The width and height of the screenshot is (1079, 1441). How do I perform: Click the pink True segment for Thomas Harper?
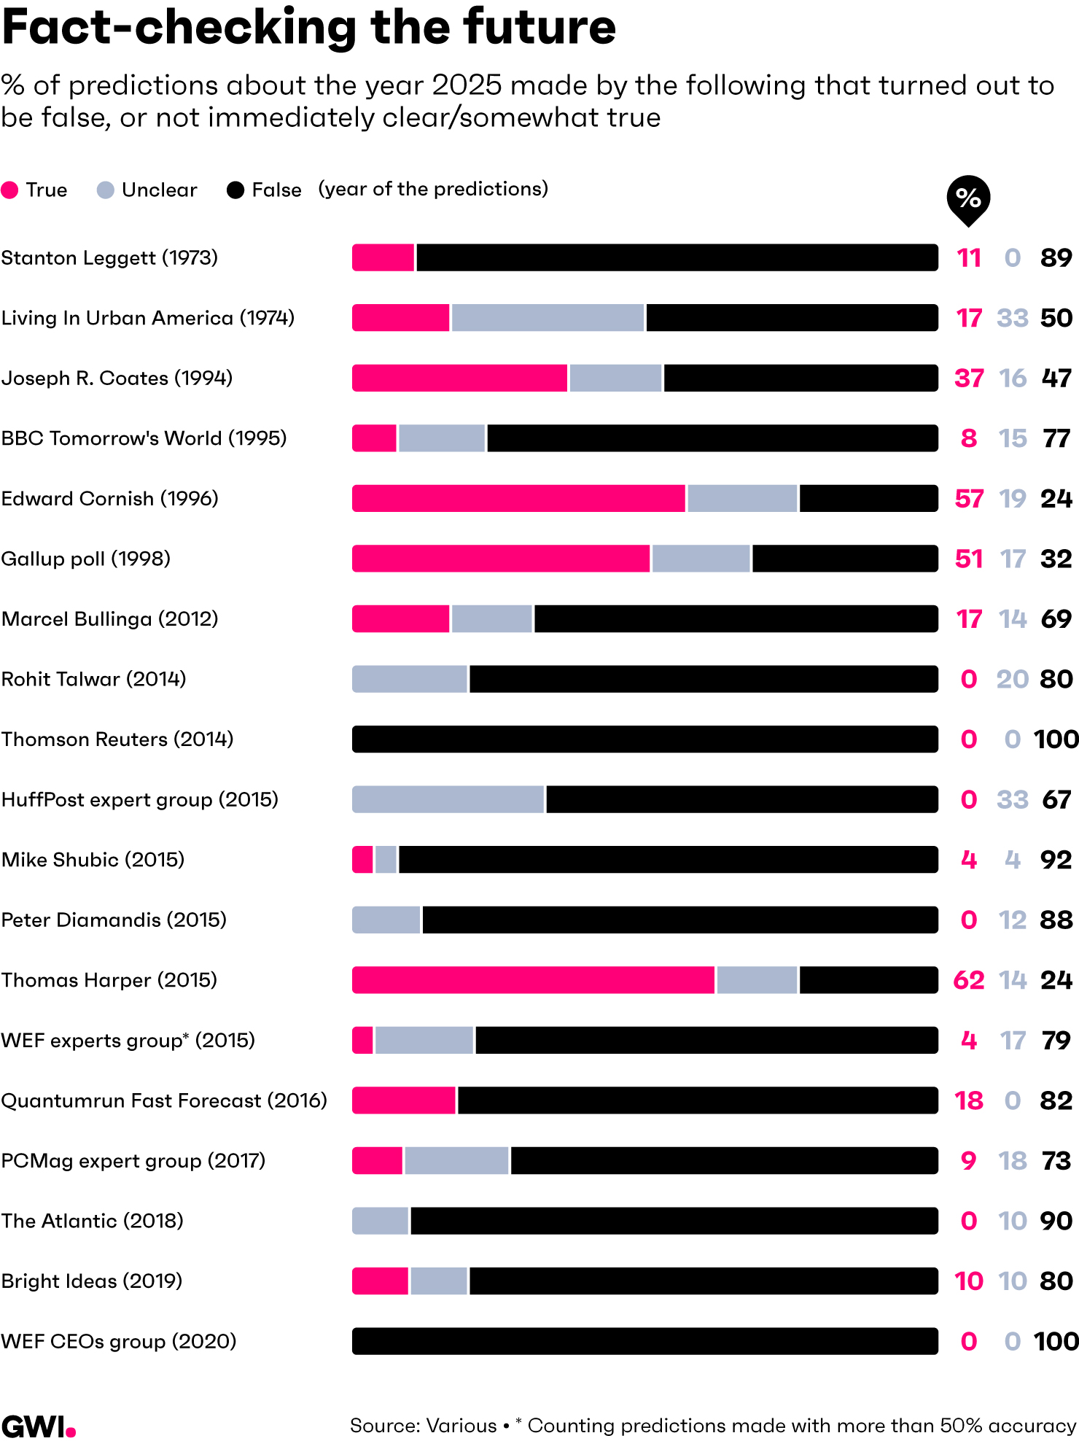(533, 979)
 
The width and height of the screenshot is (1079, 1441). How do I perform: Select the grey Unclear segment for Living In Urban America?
(548, 318)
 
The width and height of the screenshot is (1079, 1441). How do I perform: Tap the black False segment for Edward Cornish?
(868, 499)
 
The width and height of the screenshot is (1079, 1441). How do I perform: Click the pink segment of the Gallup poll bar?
(501, 559)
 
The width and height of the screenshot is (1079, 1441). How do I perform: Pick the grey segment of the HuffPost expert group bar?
(448, 799)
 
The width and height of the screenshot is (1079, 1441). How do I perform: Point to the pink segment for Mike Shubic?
(362, 860)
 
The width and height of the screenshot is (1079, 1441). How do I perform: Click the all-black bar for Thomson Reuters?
(644, 739)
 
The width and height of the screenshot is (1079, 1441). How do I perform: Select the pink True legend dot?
(10, 190)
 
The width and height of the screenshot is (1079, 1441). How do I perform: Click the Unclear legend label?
(159, 190)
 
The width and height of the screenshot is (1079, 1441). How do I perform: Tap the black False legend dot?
(235, 190)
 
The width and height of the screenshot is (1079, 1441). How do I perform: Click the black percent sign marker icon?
(967, 198)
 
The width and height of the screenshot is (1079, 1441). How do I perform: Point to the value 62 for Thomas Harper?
(969, 980)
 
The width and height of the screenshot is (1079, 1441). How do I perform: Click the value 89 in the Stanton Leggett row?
(1056, 258)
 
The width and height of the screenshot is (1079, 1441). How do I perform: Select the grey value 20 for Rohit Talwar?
(1012, 679)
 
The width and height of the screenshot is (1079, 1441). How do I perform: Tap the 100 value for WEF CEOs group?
(1056, 1341)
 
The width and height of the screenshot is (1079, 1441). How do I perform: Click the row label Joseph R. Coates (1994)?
(117, 378)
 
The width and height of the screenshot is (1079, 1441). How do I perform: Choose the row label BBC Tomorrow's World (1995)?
(144, 438)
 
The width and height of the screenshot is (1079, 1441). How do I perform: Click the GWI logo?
(38, 1426)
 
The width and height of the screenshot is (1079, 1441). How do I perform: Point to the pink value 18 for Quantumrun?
(969, 1100)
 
